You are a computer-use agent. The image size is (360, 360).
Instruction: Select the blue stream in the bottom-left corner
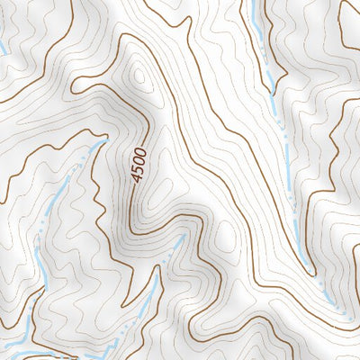(13, 346)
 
